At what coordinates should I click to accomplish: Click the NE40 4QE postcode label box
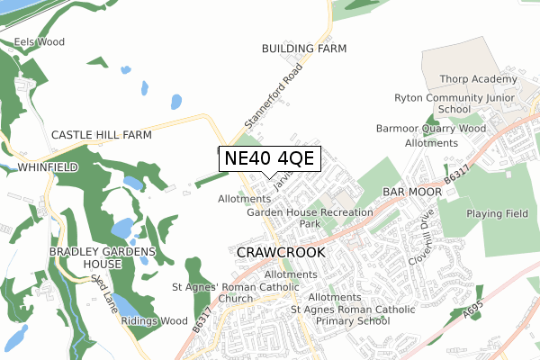269,158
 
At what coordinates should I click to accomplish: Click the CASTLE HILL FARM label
101,135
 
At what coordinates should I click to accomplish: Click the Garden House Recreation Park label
310,218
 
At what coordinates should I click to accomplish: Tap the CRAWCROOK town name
280,253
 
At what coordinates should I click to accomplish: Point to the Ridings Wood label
154,321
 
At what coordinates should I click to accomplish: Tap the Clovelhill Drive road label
425,238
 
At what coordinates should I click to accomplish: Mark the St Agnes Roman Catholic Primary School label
353,315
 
